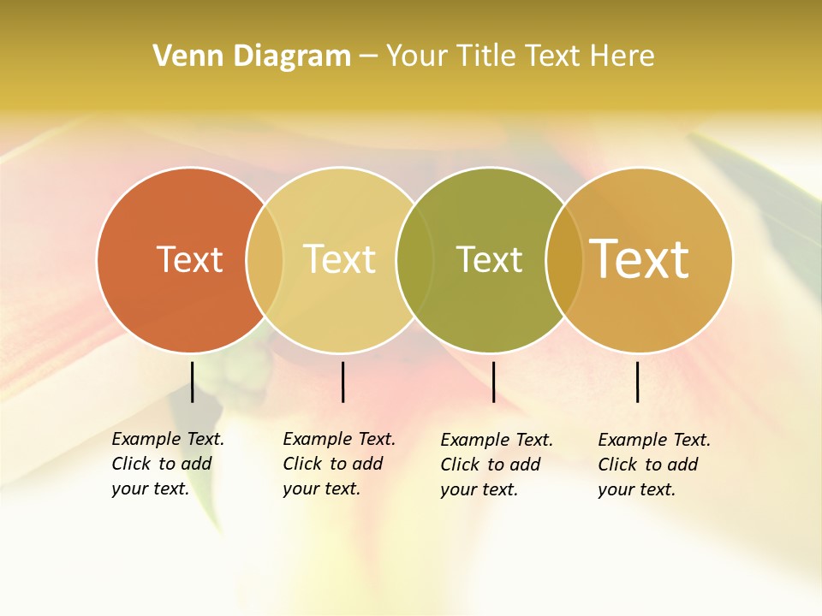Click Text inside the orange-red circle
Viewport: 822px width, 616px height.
189,259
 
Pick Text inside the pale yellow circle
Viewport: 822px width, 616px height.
340,259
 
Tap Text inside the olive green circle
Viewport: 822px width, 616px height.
489,259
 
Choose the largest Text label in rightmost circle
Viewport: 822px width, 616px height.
640,258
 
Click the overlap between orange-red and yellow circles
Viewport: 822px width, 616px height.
265,259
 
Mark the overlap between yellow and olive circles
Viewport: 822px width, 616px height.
415,259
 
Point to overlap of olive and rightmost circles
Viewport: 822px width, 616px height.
564,259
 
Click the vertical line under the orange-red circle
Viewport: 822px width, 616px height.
192,382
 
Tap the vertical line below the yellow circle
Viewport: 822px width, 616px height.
342,382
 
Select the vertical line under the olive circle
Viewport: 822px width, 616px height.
493,382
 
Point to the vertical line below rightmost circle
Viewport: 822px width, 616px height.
637,382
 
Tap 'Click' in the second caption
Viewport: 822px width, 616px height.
302,465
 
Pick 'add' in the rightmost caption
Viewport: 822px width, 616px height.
682,465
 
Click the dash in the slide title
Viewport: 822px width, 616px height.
368,57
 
